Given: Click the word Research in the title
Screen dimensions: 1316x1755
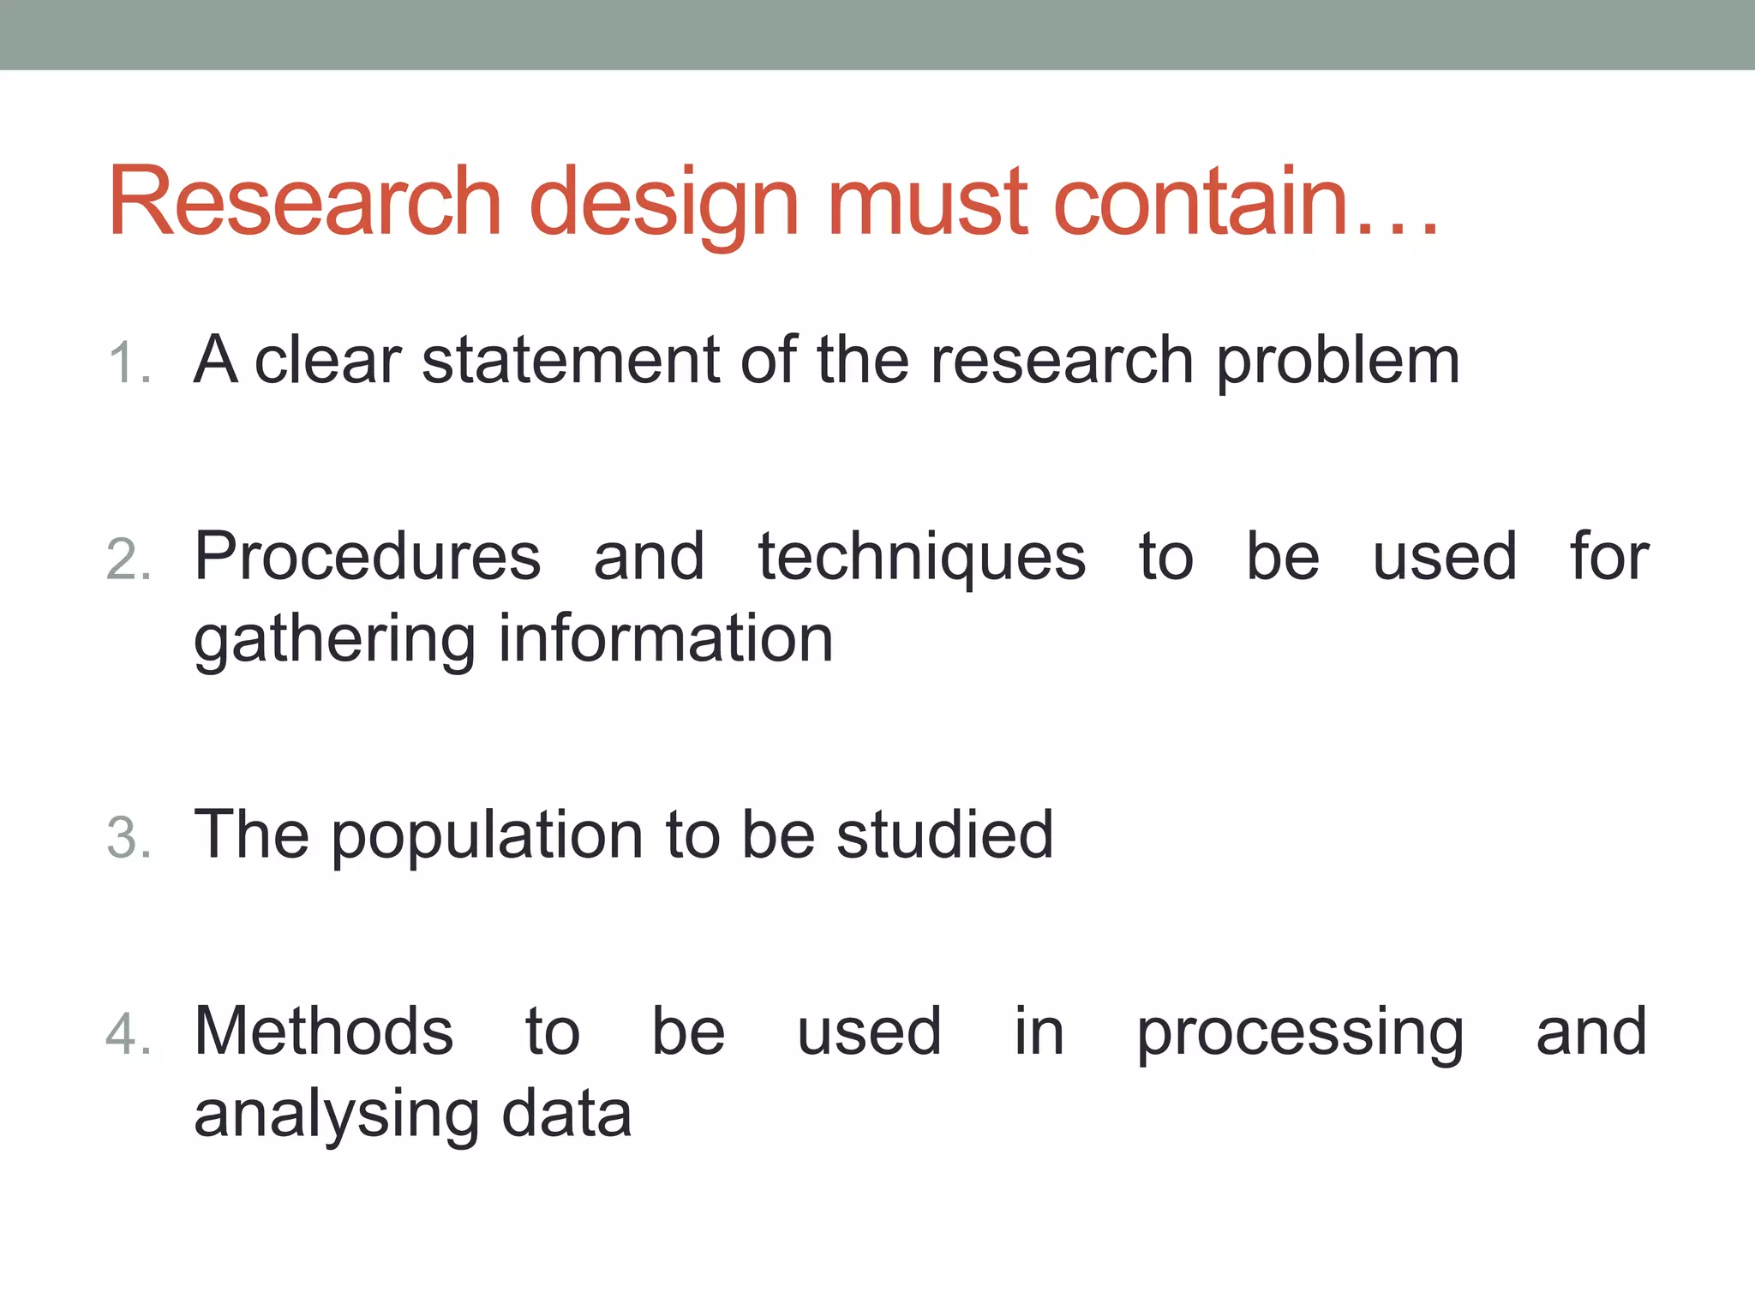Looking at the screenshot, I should tap(305, 202).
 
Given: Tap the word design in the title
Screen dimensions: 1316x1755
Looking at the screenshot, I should tap(664, 206).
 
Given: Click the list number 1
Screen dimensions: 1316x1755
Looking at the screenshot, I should tap(129, 363).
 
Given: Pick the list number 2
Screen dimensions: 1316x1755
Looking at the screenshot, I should tap(129, 560).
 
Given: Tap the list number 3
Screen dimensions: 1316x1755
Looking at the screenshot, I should tap(129, 838).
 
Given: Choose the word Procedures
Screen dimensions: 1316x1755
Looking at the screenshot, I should tap(368, 557).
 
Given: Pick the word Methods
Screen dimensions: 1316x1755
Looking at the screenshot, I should tap(324, 1032).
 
